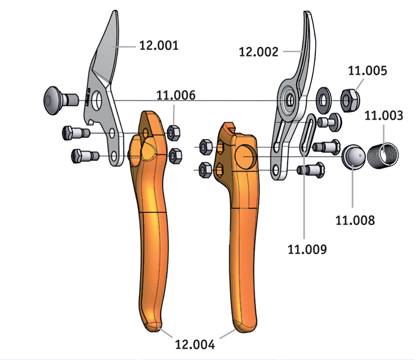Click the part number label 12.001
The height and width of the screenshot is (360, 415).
click(159, 46)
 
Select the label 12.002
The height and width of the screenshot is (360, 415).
click(258, 52)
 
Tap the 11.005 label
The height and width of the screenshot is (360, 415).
click(367, 71)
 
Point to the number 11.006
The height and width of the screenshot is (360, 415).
click(176, 95)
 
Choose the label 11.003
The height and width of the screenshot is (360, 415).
click(384, 115)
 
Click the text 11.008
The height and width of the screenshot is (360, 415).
click(355, 220)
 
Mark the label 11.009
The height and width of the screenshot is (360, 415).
click(307, 250)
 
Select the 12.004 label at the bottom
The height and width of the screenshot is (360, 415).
click(195, 344)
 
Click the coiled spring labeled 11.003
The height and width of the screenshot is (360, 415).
click(383, 156)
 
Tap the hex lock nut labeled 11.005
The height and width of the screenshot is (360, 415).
click(350, 101)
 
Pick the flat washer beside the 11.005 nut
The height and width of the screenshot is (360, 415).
click(324, 101)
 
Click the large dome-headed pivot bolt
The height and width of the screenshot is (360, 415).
click(61, 100)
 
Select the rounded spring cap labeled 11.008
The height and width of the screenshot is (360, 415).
click(354, 156)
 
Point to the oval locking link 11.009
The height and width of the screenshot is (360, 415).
click(308, 134)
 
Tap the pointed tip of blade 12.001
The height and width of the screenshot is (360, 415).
click(115, 11)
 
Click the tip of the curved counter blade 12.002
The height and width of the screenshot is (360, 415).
click(307, 12)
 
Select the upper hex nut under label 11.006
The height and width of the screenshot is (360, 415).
click(174, 132)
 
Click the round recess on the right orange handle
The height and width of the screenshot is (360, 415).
click(245, 157)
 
